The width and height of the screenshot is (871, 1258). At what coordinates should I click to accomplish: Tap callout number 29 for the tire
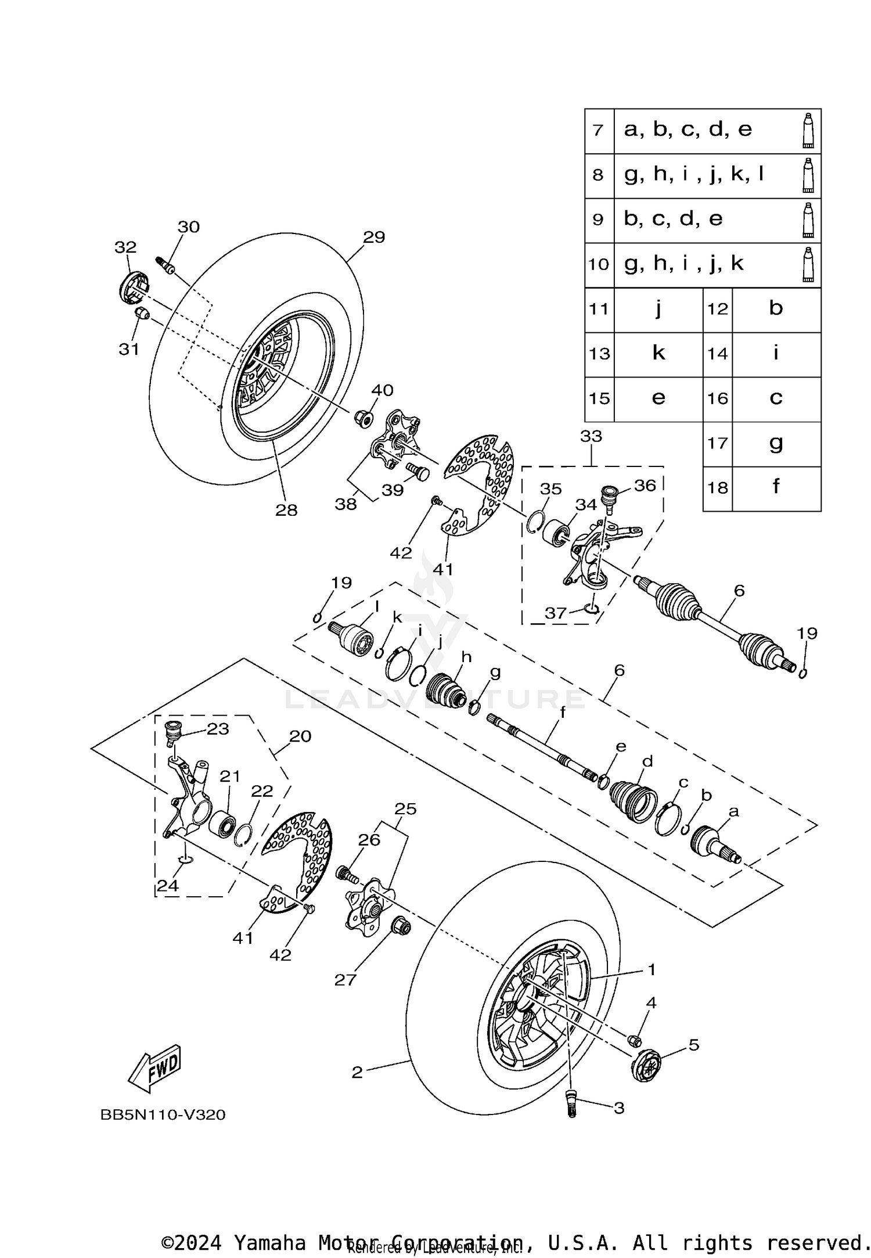pyautogui.click(x=374, y=237)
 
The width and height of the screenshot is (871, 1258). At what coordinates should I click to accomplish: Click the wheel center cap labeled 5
pyautogui.click(x=646, y=1065)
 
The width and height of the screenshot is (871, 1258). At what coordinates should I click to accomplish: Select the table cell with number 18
pyautogui.click(x=717, y=488)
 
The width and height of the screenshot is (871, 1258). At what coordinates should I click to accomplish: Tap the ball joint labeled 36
pyautogui.click(x=609, y=497)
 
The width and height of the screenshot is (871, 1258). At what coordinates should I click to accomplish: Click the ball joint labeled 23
pyautogui.click(x=173, y=734)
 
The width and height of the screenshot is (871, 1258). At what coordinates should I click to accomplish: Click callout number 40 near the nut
pyautogui.click(x=382, y=390)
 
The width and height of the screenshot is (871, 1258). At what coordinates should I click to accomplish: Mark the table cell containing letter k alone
pyautogui.click(x=658, y=353)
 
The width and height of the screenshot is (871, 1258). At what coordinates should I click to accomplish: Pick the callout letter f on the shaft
pyautogui.click(x=562, y=713)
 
